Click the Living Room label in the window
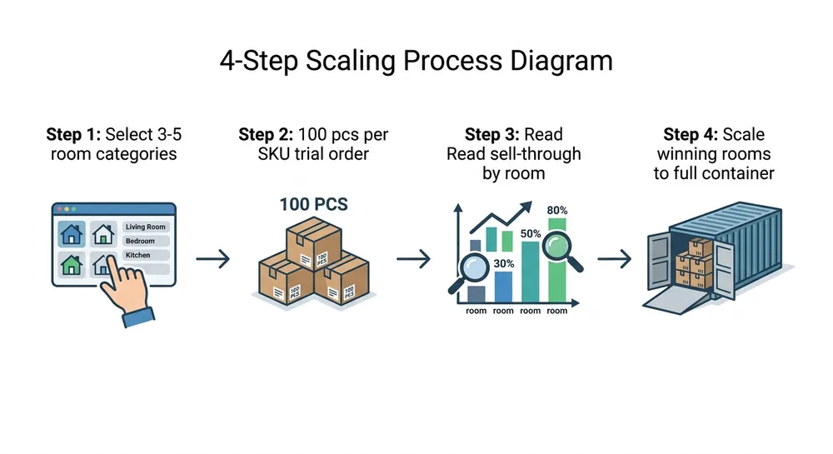(146, 227)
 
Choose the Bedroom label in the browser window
(140, 241)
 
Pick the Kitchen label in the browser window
(137, 255)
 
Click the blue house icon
(72, 233)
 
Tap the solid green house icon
(72, 265)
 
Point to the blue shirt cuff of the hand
(137, 317)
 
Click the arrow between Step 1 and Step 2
(212, 259)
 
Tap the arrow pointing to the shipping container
(614, 259)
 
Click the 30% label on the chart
(502, 263)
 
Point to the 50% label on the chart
(531, 234)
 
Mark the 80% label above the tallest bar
(557, 212)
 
